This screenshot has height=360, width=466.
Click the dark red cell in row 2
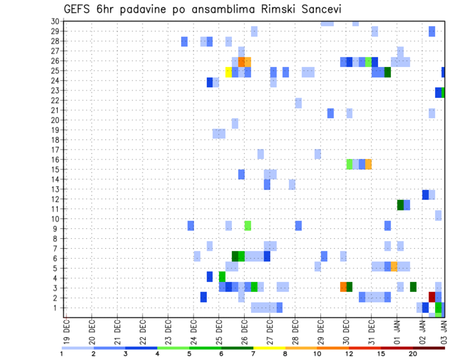[432, 296]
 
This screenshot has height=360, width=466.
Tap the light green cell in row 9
[248, 226]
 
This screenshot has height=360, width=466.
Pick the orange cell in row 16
[368, 164]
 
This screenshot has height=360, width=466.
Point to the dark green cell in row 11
[400, 205]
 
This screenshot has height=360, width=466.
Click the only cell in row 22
[298, 103]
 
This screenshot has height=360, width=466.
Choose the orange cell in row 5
[394, 266]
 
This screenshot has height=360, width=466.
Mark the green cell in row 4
[222, 277]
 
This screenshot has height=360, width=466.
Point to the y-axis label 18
[55, 140]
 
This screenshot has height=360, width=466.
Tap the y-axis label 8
[57, 239]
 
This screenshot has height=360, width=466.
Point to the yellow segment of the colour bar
[269, 348]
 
